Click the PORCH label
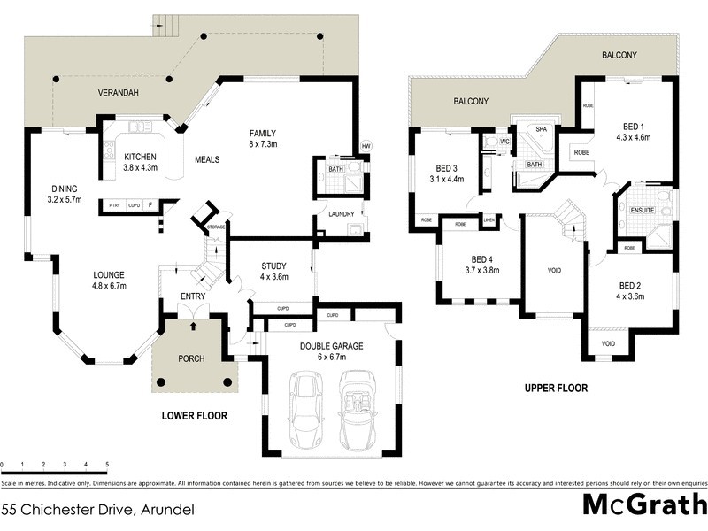click(x=191, y=358)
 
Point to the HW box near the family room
click(x=366, y=147)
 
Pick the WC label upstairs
click(x=504, y=141)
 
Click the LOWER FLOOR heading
click(x=195, y=415)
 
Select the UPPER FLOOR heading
click(x=556, y=388)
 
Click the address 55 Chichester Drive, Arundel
click(x=97, y=509)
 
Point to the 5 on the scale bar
click(x=107, y=464)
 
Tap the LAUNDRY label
click(x=340, y=214)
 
